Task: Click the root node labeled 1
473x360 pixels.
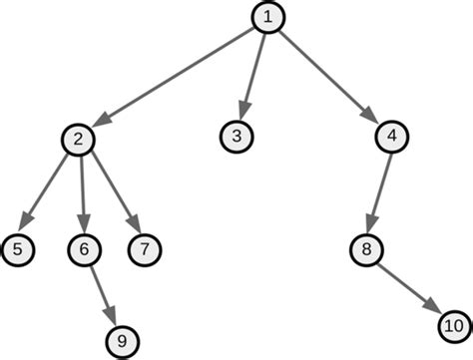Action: [x=266, y=17]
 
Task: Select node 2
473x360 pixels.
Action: [x=77, y=139]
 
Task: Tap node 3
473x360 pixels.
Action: [x=236, y=136]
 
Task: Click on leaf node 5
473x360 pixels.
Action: [x=17, y=247]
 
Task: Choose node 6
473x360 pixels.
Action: [x=85, y=247]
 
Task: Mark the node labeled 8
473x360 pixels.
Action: [x=367, y=247]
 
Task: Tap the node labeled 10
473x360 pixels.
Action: [x=452, y=325]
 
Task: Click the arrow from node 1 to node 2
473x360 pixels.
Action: [x=175, y=77]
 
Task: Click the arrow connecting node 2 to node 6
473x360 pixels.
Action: [x=81, y=191]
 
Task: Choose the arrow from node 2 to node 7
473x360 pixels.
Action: [x=111, y=191]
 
